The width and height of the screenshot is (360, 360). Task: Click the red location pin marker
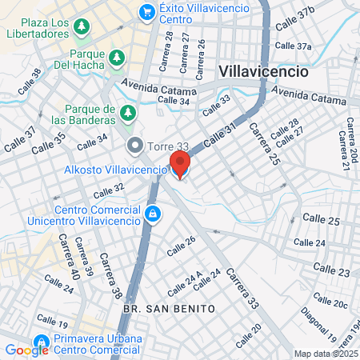[180, 164]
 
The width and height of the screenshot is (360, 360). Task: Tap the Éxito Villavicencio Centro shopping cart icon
[146, 11]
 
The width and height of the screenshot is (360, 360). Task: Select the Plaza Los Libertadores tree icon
[81, 28]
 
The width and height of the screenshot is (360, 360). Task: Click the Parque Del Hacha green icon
[117, 58]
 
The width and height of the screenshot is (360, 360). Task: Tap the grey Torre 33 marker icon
[134, 146]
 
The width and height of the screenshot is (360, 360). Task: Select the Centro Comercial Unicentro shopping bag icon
[153, 214]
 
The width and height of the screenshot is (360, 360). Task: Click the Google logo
[26, 350]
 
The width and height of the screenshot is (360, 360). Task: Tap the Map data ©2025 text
[326, 354]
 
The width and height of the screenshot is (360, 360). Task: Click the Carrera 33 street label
[242, 289]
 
